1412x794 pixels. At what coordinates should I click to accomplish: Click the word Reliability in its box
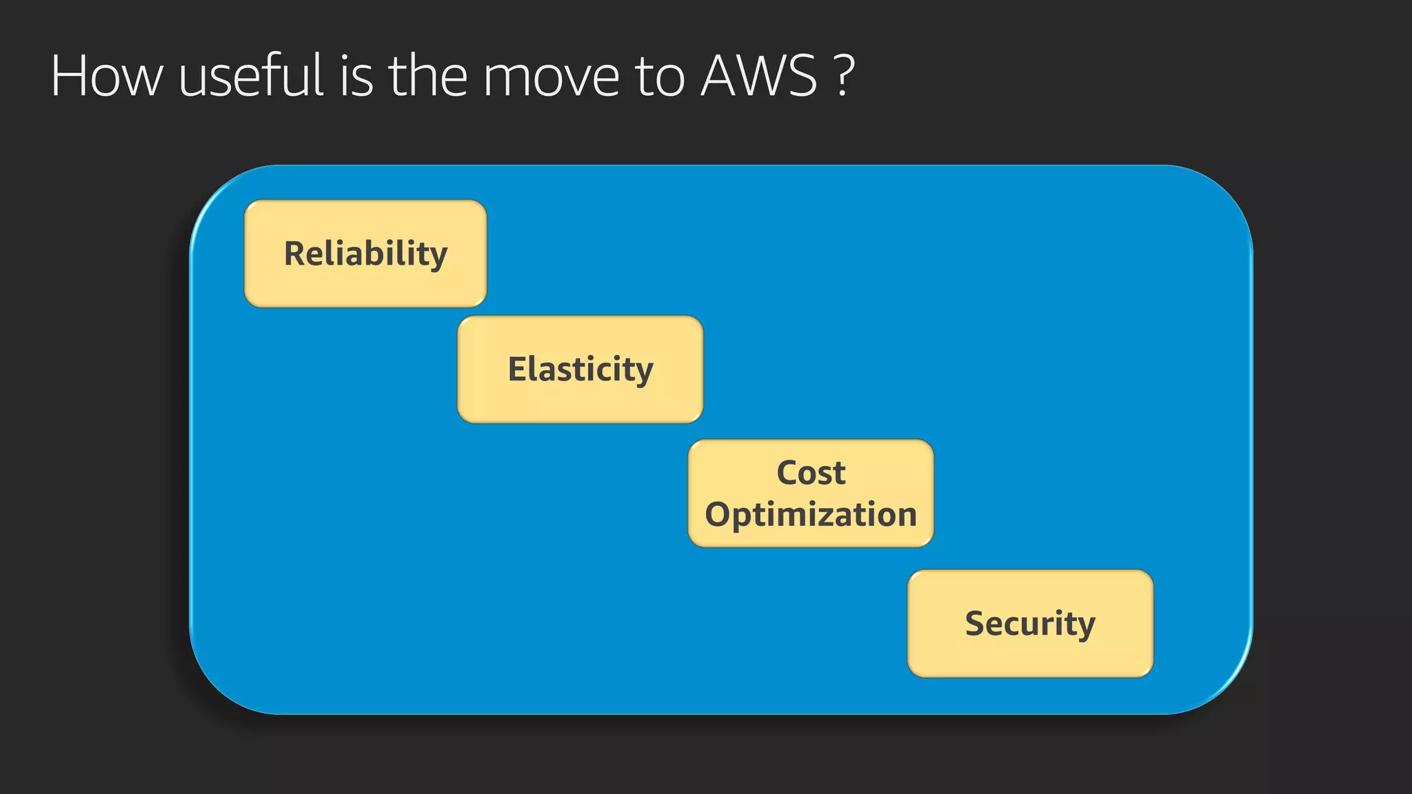(365, 254)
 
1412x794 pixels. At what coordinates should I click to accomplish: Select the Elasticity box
(580, 369)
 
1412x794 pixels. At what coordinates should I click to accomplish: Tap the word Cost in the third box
(811, 473)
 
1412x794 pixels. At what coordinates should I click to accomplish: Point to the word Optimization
(811, 515)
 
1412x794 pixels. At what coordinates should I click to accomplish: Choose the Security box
(1030, 623)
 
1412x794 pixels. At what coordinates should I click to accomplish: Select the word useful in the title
(251, 76)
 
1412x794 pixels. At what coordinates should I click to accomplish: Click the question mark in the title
(843, 76)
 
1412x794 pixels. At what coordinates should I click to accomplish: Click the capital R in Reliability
(295, 254)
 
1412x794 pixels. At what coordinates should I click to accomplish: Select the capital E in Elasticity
(518, 369)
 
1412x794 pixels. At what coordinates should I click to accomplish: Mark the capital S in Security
(975, 623)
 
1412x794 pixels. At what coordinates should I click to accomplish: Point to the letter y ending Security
(1086, 627)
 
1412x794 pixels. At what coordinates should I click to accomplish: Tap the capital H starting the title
(69, 76)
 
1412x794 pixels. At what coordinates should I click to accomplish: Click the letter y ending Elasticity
(643, 374)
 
